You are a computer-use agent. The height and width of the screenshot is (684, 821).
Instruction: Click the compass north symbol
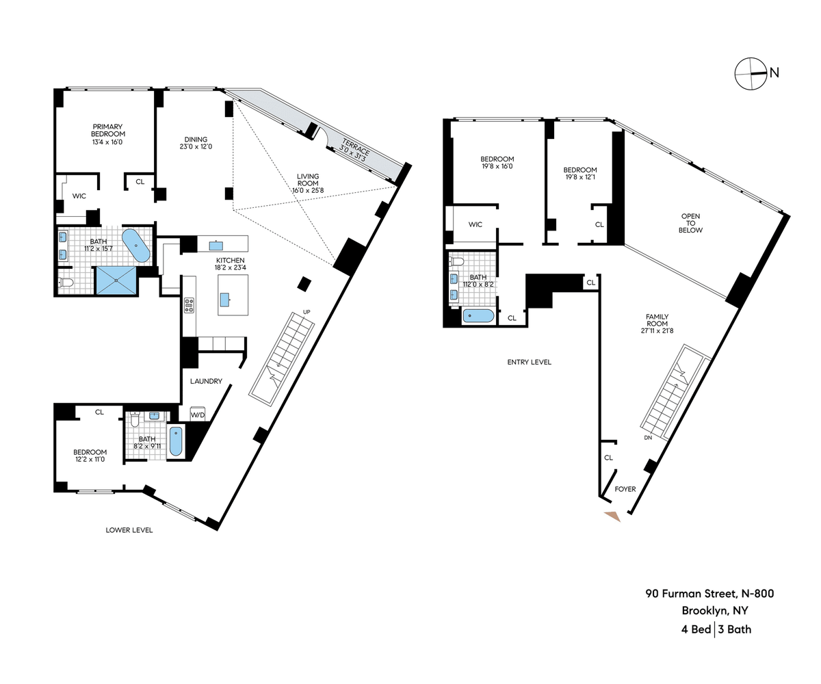tap(751, 73)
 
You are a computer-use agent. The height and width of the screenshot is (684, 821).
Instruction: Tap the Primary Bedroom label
tap(107, 130)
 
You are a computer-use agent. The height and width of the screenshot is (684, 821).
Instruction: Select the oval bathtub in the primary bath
tap(136, 246)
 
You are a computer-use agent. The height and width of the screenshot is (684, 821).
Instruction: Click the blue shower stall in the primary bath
tap(116, 280)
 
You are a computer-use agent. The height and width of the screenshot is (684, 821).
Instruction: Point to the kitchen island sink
tap(224, 300)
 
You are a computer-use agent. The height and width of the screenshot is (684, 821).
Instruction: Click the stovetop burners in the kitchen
tap(189, 306)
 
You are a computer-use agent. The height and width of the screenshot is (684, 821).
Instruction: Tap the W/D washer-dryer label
tap(198, 415)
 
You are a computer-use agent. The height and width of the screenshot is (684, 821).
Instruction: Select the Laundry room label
tap(206, 381)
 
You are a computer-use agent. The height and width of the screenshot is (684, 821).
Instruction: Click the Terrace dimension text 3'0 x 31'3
tap(353, 153)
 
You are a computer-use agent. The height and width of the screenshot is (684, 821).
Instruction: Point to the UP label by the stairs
tap(307, 312)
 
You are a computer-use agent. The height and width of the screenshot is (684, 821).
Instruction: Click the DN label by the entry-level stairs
tap(648, 438)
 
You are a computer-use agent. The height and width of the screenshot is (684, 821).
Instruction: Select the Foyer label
tap(625, 489)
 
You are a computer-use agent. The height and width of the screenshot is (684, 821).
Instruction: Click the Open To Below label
tap(690, 223)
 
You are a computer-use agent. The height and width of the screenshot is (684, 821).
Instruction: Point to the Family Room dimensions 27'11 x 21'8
tap(657, 330)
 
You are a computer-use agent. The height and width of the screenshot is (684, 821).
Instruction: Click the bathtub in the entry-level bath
tap(478, 316)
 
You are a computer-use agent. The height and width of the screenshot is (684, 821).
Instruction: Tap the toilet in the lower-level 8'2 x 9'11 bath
tap(135, 420)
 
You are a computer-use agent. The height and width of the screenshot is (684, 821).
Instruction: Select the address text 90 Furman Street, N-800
tap(709, 593)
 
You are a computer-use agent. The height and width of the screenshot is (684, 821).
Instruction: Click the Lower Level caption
tap(129, 530)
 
